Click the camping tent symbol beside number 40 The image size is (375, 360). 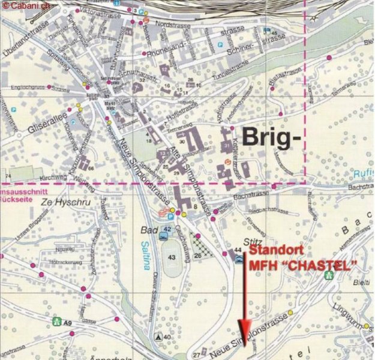157,337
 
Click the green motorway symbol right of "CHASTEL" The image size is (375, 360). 328,275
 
